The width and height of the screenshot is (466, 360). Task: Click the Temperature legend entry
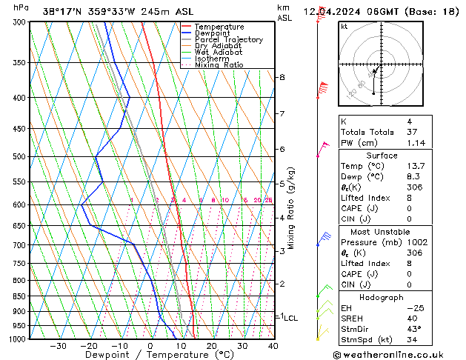(x=219, y=27)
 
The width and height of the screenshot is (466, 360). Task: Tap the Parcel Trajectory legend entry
(x=228, y=40)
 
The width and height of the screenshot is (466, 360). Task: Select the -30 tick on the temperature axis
(x=58, y=346)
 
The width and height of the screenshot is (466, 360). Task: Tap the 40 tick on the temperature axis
(x=273, y=346)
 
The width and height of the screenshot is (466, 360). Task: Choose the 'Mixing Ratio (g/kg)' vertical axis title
(x=292, y=208)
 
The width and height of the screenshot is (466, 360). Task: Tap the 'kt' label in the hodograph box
(x=344, y=27)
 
